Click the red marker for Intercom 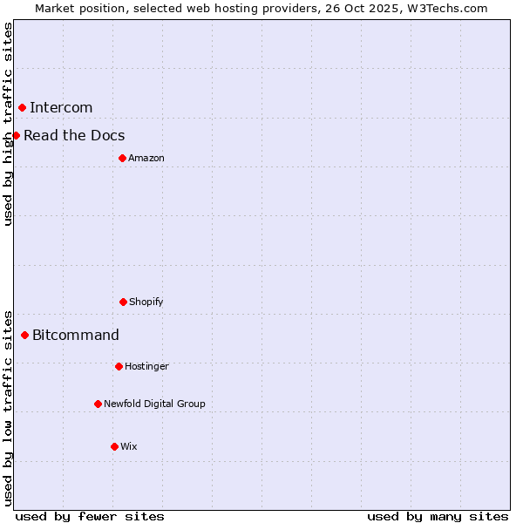[x=22, y=107]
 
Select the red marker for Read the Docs [x=16, y=135]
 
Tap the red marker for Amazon [x=122, y=158]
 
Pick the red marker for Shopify [x=123, y=302]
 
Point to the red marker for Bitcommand [x=24, y=335]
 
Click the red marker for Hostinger [x=119, y=366]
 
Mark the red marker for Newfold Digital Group [x=98, y=404]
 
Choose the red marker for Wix [x=114, y=446]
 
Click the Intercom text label [x=61, y=107]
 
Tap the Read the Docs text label [x=74, y=135]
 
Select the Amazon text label [x=146, y=158]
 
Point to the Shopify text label [x=146, y=302]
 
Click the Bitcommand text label [x=76, y=335]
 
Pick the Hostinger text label [x=146, y=366]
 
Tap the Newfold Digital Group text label [x=154, y=404]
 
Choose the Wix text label [x=129, y=446]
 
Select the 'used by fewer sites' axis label [x=90, y=516]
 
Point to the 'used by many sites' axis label [x=438, y=516]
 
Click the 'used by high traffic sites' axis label [x=8, y=124]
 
